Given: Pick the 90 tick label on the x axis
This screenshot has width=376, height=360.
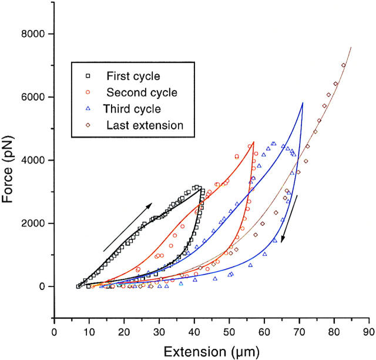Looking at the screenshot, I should tap(370, 331).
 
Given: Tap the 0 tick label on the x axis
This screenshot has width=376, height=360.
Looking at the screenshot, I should tap(54, 331).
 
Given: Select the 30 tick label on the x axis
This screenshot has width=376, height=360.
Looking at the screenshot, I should tap(159, 331).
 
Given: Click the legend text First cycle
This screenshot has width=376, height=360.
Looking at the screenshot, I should tap(133, 76).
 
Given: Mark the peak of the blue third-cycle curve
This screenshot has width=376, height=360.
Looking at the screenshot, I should tap(303, 104).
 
